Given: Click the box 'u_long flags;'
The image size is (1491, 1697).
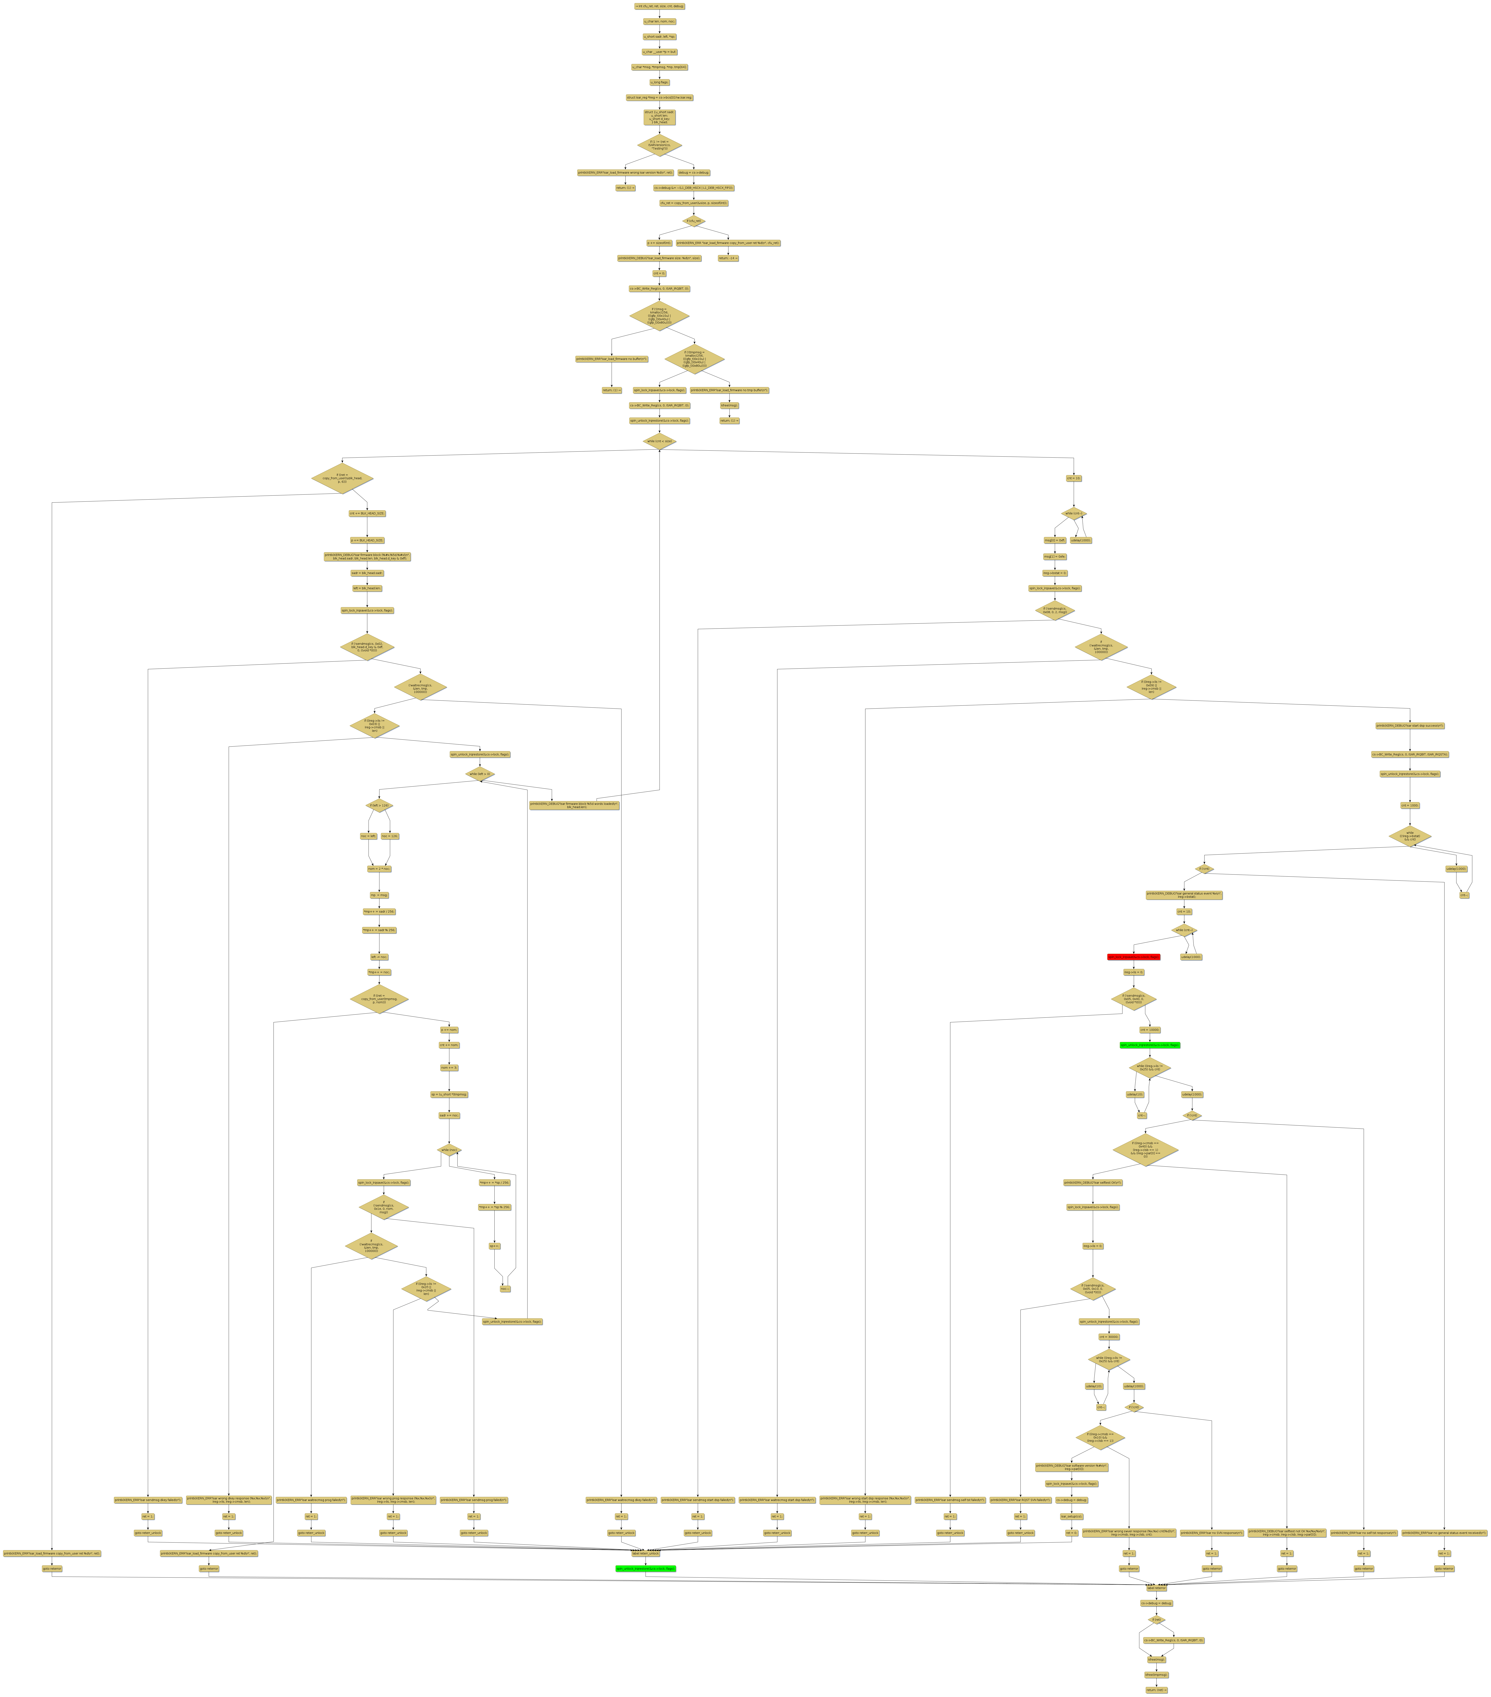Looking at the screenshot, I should point(659,82).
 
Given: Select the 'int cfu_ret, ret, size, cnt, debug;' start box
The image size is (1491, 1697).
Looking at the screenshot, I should point(659,6).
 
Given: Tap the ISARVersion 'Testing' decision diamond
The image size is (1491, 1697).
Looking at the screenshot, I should point(659,145).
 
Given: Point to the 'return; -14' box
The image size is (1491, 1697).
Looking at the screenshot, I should point(728,258).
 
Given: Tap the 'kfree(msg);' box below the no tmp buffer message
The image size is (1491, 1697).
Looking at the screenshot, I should point(729,405).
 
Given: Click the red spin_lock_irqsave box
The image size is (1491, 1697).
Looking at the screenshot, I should point(1133,956).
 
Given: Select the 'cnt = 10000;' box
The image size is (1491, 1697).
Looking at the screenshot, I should point(1150,1029).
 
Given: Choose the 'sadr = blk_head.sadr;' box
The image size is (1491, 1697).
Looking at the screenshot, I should point(367,573).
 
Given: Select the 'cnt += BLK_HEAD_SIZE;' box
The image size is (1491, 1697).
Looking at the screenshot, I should point(367,514).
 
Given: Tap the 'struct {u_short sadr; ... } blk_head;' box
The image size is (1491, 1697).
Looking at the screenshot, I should point(659,117).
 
